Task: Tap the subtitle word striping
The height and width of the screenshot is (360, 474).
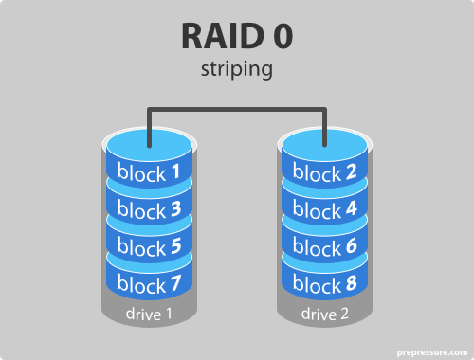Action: point(236,71)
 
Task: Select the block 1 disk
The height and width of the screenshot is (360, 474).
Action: point(149,173)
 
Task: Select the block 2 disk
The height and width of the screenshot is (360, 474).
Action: point(326,173)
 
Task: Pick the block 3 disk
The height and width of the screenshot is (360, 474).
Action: point(149,210)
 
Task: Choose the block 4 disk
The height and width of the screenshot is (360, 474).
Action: point(326,210)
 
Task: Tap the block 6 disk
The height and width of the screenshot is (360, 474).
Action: point(326,246)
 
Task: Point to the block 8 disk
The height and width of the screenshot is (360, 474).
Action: point(326,282)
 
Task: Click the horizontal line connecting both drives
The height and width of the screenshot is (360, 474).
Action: point(237,110)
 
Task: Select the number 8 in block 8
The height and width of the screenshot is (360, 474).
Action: point(353,282)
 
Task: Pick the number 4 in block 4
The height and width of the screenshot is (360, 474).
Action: point(353,210)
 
